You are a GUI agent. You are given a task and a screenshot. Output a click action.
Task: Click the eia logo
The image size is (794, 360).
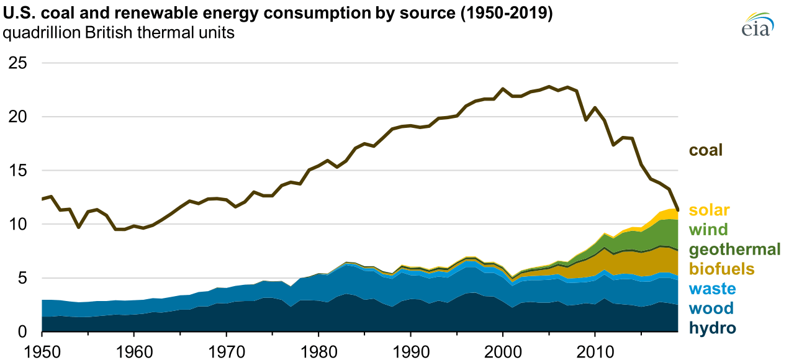[758, 25]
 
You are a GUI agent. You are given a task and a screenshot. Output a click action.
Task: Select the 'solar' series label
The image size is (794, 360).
[709, 210]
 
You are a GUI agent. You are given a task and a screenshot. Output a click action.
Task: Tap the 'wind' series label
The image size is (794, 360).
[708, 230]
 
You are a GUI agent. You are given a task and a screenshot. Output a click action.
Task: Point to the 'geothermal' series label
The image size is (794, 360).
[734, 250]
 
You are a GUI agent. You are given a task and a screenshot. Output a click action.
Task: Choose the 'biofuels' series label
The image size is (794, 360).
[721, 269]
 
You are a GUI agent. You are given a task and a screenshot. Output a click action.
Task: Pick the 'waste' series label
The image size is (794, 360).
[712, 289]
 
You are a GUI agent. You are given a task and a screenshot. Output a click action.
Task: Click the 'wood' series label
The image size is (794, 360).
[711, 308]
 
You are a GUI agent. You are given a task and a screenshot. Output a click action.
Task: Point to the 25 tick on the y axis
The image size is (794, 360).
[18, 63]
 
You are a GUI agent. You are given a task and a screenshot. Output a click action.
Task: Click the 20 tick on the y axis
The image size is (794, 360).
[18, 117]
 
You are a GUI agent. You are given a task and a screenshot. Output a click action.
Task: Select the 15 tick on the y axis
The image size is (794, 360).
[18, 171]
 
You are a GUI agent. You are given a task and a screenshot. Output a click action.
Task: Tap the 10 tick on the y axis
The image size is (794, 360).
[18, 224]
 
